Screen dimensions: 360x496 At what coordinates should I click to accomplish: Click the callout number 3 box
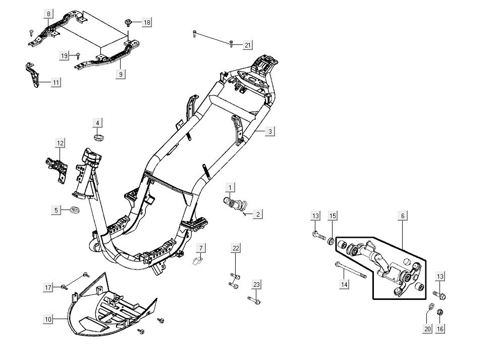[x=270, y=131]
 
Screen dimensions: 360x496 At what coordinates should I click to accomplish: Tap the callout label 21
[x=247, y=45]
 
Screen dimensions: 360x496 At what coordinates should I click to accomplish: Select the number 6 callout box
[x=403, y=216]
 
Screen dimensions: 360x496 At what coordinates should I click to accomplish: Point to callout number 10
[x=48, y=319]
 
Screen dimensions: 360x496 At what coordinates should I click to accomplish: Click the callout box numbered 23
[x=256, y=285]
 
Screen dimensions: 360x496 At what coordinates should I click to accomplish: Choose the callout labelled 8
[x=48, y=14]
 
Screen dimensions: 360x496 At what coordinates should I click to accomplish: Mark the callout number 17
[x=48, y=287]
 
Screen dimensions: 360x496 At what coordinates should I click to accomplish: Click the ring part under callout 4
[x=98, y=137]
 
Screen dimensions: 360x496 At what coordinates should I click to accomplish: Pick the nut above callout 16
[x=440, y=311]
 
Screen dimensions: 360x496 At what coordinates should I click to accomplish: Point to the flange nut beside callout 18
[x=129, y=22]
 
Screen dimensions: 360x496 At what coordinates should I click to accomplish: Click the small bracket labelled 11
[x=32, y=75]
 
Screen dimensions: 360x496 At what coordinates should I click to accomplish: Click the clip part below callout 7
[x=198, y=261]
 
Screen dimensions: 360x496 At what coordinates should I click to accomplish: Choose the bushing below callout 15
[x=331, y=241]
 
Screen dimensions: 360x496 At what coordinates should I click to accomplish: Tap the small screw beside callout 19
[x=79, y=55]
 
